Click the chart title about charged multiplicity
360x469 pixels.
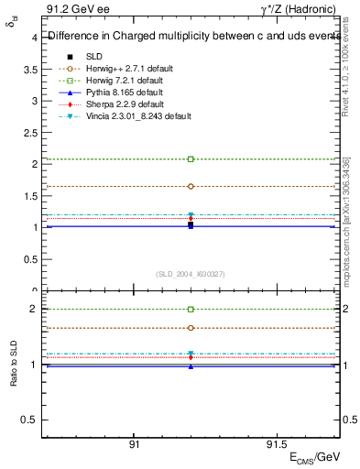click(x=189, y=37)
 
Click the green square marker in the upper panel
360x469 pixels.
click(x=191, y=159)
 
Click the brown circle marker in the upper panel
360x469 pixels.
click(x=191, y=186)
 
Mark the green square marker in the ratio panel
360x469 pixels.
click(x=191, y=310)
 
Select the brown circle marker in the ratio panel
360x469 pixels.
click(x=191, y=328)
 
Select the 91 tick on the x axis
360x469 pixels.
click(x=135, y=442)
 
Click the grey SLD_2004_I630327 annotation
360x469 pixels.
click(x=191, y=274)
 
